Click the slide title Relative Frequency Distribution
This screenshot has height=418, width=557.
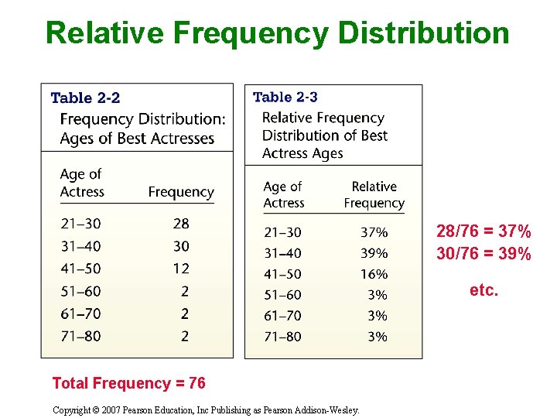(x=278, y=34)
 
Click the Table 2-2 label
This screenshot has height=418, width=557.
(x=85, y=98)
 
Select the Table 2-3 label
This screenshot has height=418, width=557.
(x=285, y=98)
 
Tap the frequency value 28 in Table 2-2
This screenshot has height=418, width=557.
(x=181, y=224)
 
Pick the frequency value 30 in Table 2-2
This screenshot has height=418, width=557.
(x=181, y=246)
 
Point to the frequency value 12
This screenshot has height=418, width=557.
(x=181, y=269)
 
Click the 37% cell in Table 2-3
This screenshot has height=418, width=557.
(x=374, y=232)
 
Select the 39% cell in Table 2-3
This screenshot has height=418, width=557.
(x=374, y=253)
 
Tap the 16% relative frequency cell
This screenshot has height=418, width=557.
(x=374, y=274)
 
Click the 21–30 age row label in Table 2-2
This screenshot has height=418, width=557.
(x=80, y=224)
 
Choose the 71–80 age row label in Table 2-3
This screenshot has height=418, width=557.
(x=282, y=337)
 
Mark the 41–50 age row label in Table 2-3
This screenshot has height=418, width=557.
(x=282, y=274)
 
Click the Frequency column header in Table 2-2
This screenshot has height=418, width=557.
(x=181, y=192)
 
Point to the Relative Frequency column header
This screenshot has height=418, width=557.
(x=374, y=195)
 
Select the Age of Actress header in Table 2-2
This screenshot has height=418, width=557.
(x=81, y=183)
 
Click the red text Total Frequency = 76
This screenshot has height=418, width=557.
(x=128, y=383)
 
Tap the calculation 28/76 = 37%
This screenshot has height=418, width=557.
(x=484, y=231)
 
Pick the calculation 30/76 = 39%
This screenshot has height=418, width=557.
(x=484, y=254)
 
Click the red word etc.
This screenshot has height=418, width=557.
(x=484, y=291)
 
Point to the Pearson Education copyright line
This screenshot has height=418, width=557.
(x=206, y=410)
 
